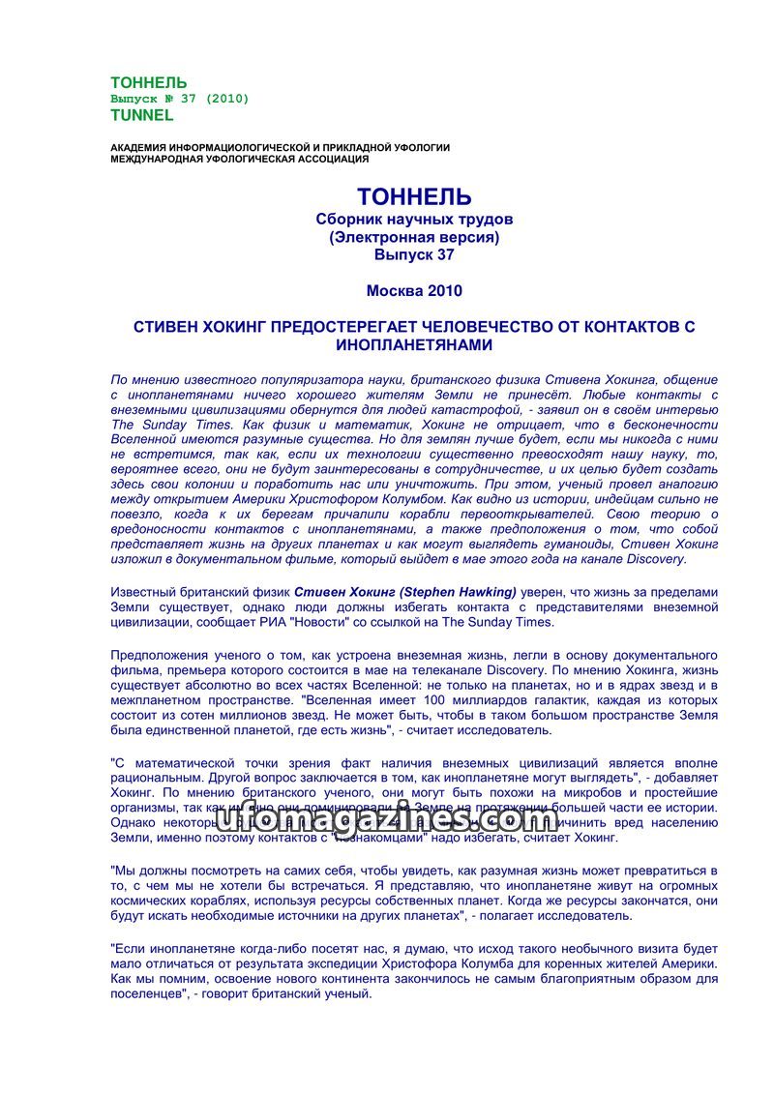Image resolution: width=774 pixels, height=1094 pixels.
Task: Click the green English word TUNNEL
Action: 142,115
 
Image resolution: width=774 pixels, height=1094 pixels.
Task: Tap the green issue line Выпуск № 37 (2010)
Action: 180,99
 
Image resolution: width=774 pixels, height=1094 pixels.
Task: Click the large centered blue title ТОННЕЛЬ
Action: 414,197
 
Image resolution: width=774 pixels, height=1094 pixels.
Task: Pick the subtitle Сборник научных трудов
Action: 414,220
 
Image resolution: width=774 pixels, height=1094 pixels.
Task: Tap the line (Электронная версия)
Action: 414,237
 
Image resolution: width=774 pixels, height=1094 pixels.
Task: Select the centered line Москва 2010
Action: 414,290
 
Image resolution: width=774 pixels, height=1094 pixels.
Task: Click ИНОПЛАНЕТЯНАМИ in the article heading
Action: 414,344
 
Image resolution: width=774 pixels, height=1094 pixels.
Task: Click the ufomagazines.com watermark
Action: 386,820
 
